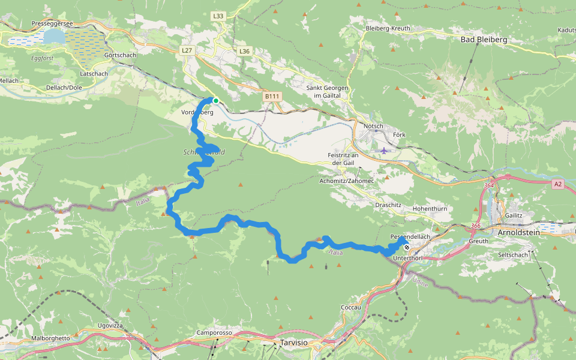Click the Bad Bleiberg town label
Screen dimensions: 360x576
pyautogui.click(x=484, y=40)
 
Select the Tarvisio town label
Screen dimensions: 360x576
pyautogui.click(x=293, y=342)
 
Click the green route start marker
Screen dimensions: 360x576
pyautogui.click(x=215, y=101)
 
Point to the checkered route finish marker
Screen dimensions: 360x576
pyautogui.click(x=407, y=247)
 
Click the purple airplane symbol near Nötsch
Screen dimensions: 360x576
pyautogui.click(x=384, y=150)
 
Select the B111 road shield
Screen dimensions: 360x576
pyautogui.click(x=272, y=96)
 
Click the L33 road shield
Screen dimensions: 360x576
pyautogui.click(x=218, y=16)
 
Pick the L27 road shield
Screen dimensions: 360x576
pyautogui.click(x=186, y=52)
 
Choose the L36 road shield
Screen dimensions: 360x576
pyautogui.click(x=244, y=52)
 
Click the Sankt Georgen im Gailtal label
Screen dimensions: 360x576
pyautogui.click(x=327, y=92)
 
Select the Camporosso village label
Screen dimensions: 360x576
pyautogui.click(x=214, y=332)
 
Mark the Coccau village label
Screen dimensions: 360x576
pyautogui.click(x=350, y=307)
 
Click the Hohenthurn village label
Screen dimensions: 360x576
pyautogui.click(x=431, y=209)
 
